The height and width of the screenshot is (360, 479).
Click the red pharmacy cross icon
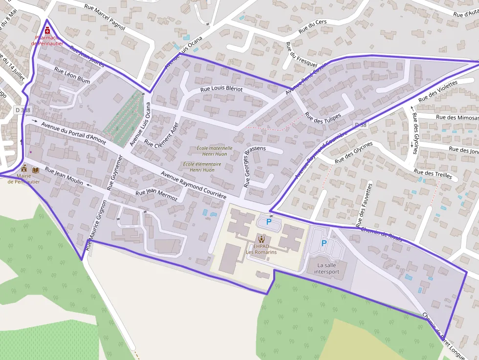pos(47,31)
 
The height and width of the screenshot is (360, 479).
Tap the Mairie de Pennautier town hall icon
pos(24,169)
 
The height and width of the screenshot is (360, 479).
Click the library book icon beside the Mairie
pos(35,169)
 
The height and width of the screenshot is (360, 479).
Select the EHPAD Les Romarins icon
pos(261,239)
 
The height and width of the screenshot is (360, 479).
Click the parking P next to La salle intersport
pos(323,243)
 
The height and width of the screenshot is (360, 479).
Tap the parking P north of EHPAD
pos(268,222)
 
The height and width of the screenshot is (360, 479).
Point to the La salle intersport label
pos(327,268)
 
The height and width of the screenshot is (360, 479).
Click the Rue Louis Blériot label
pos(221,89)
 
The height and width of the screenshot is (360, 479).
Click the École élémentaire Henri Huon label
pos(202,167)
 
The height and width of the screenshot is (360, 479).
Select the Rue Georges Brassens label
pos(255,166)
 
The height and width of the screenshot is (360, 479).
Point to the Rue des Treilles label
pos(433,174)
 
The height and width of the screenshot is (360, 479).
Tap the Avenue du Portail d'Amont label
pos(73,133)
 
